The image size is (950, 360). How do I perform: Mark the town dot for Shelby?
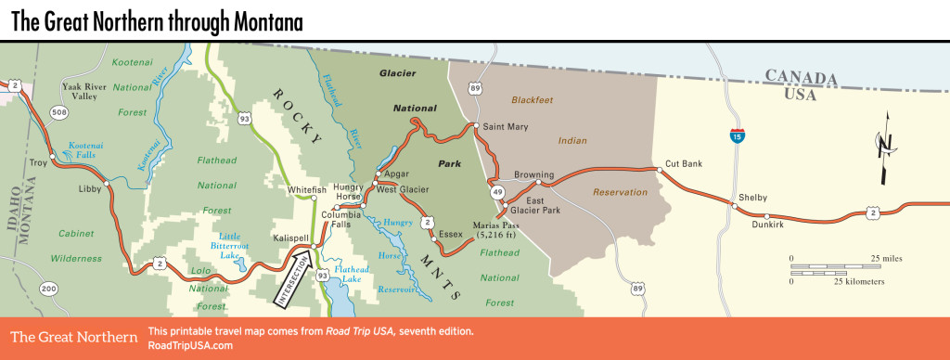(735, 207)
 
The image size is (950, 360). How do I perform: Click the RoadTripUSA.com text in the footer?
(190, 345)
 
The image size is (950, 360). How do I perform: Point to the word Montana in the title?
(255, 20)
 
